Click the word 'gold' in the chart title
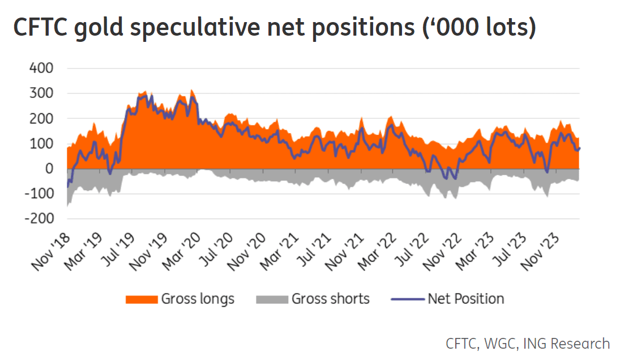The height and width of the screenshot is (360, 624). (99, 27)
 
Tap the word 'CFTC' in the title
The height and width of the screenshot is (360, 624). (40, 27)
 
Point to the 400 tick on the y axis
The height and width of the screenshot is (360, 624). (41, 68)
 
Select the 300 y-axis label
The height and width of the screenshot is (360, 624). (41, 93)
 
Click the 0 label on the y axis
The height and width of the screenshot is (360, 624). (49, 169)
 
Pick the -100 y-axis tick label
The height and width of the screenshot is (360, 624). (39, 194)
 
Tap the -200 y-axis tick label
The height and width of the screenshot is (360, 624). (39, 218)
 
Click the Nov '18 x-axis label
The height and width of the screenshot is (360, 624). (51, 252)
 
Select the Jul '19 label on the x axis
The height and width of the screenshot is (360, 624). (117, 250)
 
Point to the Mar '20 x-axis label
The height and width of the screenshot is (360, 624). (181, 252)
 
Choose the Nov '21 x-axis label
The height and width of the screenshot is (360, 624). (345, 252)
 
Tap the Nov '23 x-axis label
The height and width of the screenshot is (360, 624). (540, 252)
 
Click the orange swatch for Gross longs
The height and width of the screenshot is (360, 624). (142, 299)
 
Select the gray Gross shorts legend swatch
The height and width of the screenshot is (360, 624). (272, 299)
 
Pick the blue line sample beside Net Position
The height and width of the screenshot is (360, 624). (408, 299)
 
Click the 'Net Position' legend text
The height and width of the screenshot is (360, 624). (466, 299)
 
